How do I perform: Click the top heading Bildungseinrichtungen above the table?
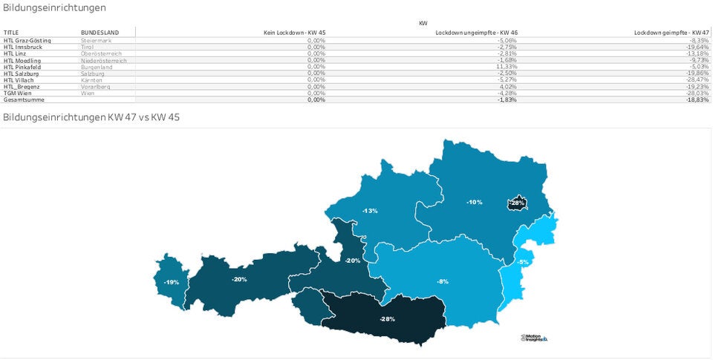[54, 7]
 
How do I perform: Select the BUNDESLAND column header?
[100, 33]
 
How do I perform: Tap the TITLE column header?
[11, 33]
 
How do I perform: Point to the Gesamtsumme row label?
[24, 99]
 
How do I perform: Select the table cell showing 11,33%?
[507, 67]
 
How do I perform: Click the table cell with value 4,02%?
[509, 86]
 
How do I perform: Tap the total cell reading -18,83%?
[698, 99]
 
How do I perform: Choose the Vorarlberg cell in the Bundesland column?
[97, 86]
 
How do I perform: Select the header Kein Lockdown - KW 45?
[294, 33]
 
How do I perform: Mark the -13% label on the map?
[369, 211]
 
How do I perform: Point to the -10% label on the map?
[474, 202]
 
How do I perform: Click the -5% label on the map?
[523, 262]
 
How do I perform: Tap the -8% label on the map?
[442, 281]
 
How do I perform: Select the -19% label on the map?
[171, 282]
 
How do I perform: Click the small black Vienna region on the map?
[517, 203]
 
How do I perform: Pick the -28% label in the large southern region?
[387, 318]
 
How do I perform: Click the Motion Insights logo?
[534, 337]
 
